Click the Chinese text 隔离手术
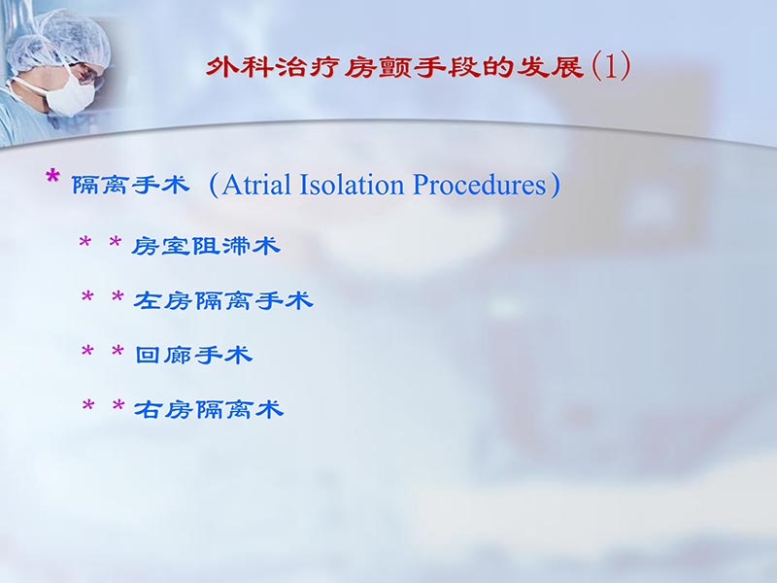(x=131, y=185)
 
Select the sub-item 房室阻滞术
(x=206, y=246)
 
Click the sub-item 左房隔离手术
(x=222, y=301)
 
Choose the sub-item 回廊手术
(x=193, y=356)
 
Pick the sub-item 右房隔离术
(x=208, y=410)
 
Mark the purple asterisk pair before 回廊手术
(x=102, y=354)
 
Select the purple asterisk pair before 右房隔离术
(x=102, y=408)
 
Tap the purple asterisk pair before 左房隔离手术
(x=102, y=299)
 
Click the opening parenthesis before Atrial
(x=214, y=185)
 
